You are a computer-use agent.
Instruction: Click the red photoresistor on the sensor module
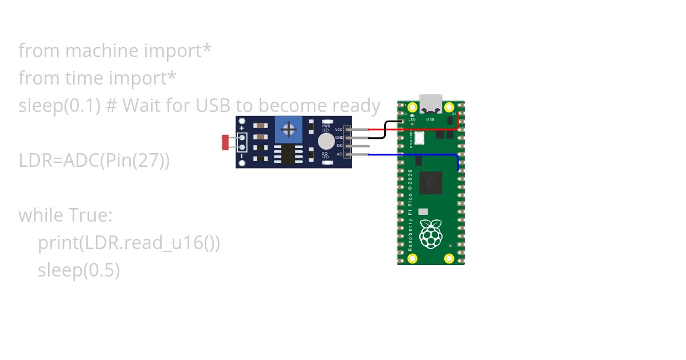point(225,142)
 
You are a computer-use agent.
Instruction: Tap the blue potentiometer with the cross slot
point(289,129)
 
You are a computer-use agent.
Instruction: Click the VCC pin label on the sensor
point(338,130)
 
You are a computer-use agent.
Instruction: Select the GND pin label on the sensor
point(338,138)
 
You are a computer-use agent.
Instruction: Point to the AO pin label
point(340,154)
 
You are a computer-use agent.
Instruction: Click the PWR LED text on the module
point(326,127)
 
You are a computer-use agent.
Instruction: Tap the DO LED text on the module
point(325,155)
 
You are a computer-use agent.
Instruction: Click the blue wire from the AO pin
point(412,154)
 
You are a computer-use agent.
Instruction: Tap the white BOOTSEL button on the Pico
point(418,138)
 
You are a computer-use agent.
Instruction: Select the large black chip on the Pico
point(430,183)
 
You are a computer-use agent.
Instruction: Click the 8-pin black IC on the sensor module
point(284,154)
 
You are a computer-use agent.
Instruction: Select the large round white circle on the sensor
point(326,141)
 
